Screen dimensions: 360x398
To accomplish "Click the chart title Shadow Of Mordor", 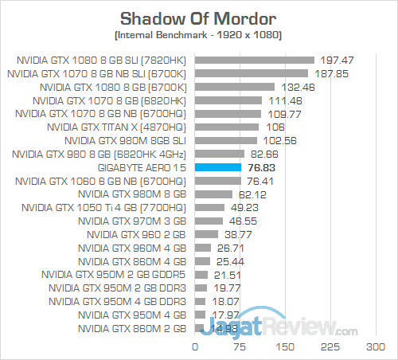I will coord(198,18).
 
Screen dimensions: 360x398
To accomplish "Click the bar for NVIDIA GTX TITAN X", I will coord(227,127).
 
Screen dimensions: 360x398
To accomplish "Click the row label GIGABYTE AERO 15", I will coord(141,167).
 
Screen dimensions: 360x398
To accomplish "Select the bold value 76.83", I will coord(264,167).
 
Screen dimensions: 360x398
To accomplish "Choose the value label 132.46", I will coord(298,87).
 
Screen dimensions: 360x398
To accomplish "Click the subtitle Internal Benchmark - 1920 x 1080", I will coord(198,37).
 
